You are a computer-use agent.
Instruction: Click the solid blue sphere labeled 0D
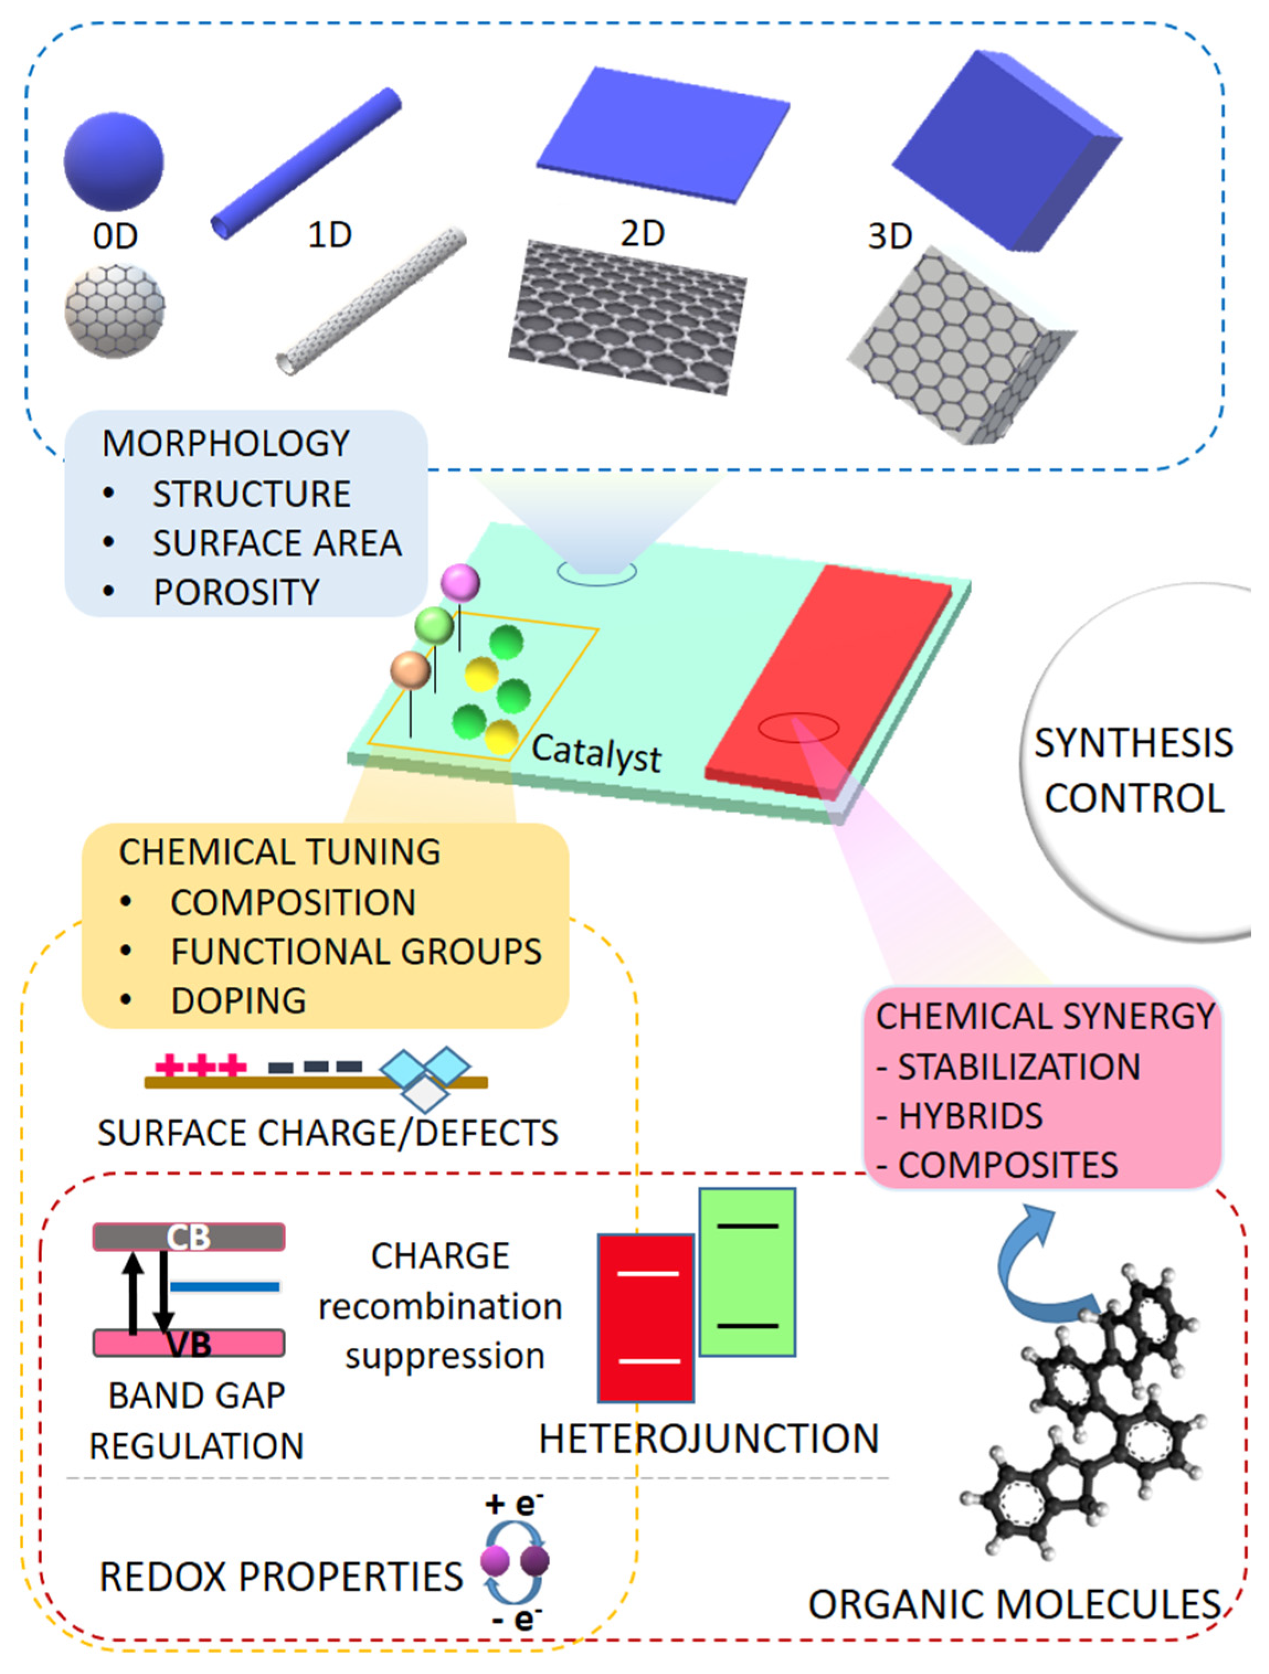114,161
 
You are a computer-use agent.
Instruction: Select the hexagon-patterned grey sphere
114,311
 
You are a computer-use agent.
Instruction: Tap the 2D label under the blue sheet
643,233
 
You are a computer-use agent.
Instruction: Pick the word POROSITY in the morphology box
237,592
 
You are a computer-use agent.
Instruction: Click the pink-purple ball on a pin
460,583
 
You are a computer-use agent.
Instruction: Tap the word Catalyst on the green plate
596,752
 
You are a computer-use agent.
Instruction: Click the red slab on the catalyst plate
829,681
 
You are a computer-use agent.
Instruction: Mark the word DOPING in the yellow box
239,1001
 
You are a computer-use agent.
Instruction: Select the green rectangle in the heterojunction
747,1272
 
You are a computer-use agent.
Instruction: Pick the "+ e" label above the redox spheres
513,1503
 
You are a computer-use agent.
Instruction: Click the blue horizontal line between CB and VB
225,1286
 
